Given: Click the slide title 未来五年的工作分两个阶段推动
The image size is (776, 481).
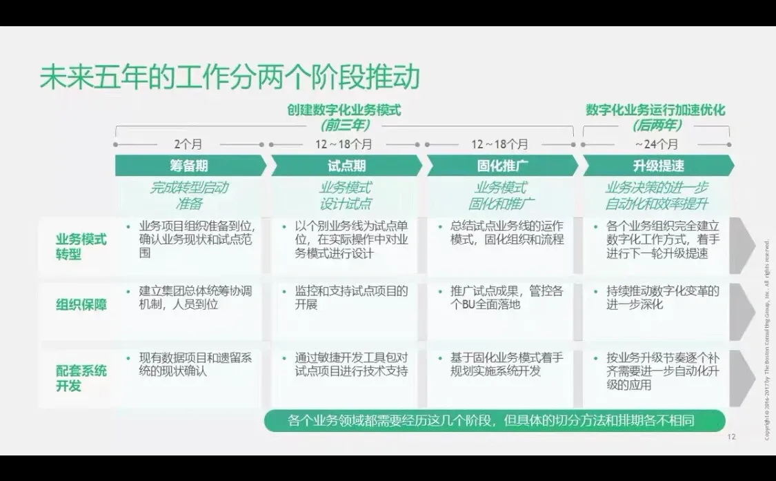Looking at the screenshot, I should pyautogui.click(x=230, y=77).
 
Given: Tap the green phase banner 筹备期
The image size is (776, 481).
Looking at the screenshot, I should pyautogui.click(x=189, y=166).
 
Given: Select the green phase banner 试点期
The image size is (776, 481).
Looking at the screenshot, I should pyautogui.click(x=346, y=166).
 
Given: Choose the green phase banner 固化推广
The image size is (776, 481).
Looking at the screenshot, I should pyautogui.click(x=502, y=166).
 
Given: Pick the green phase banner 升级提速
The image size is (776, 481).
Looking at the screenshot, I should pyautogui.click(x=658, y=166).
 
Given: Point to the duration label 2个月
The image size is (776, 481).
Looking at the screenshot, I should pyautogui.click(x=189, y=145).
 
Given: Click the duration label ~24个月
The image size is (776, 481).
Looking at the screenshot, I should pyautogui.click(x=656, y=145).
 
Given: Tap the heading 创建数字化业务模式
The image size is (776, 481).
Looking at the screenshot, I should pyautogui.click(x=344, y=110).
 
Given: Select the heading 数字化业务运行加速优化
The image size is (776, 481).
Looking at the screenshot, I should pyautogui.click(x=655, y=110).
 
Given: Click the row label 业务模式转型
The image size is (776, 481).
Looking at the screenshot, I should pyautogui.click(x=81, y=246).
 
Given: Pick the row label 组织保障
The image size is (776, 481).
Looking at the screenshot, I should pyautogui.click(x=81, y=304).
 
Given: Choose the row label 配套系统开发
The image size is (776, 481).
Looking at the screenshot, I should pyautogui.click(x=81, y=378).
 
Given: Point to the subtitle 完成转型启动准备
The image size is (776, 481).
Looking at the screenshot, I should pyautogui.click(x=189, y=195).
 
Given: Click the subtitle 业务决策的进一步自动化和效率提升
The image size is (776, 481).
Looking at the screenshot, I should pyautogui.click(x=657, y=195).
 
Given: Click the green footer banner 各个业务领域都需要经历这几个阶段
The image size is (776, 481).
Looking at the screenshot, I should pyautogui.click(x=495, y=420).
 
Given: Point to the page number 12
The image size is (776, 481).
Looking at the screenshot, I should pyautogui.click(x=732, y=437).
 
